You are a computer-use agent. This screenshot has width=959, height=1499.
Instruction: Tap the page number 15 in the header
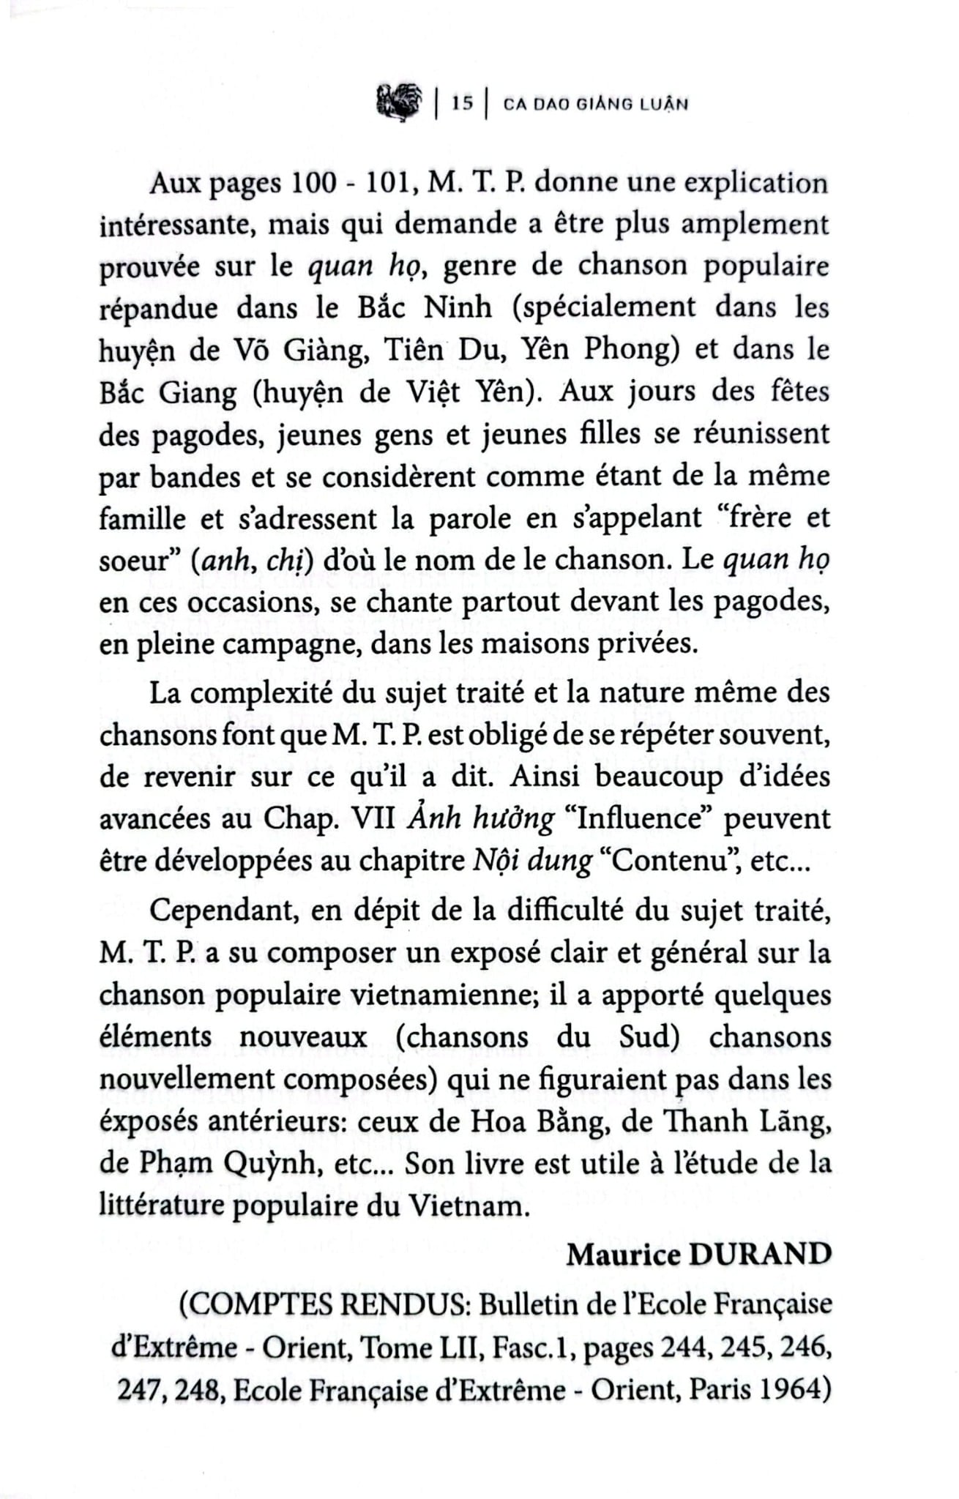pyautogui.click(x=462, y=104)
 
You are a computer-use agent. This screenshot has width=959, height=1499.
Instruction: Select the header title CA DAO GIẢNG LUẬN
pyautogui.click(x=596, y=104)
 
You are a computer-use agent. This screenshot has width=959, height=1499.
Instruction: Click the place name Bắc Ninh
pyautogui.click(x=425, y=307)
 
